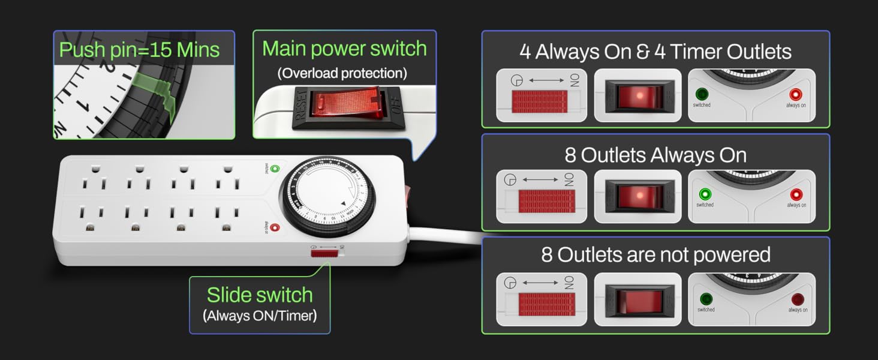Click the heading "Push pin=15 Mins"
pyautogui.click(x=139, y=49)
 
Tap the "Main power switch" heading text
pyautogui.click(x=344, y=49)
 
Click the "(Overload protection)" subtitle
pyautogui.click(x=342, y=73)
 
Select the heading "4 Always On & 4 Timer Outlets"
pyautogui.click(x=656, y=52)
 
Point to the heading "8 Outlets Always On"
pyautogui.click(x=656, y=155)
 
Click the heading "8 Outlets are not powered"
pyautogui.click(x=656, y=254)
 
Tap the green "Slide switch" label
pyautogui.click(x=260, y=295)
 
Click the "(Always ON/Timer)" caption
pyautogui.click(x=260, y=316)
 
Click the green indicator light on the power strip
pyautogui.click(x=275, y=169)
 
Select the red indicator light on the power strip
pyautogui.click(x=275, y=227)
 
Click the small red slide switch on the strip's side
pyautogui.click(x=324, y=253)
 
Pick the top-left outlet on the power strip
pyautogui.click(x=92, y=179)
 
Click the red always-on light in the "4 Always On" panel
pyautogui.click(x=795, y=94)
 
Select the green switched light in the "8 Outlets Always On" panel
pyautogui.click(x=705, y=194)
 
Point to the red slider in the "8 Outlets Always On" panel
pyautogui.click(x=546, y=201)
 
